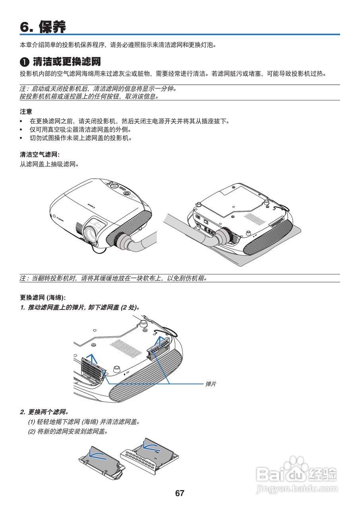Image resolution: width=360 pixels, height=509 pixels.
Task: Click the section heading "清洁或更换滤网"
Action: (x=66, y=62)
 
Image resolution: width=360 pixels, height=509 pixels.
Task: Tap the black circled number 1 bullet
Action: (x=25, y=62)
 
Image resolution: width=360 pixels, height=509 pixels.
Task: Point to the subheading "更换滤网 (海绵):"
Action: (x=43, y=297)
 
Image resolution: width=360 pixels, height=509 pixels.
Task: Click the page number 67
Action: (x=180, y=493)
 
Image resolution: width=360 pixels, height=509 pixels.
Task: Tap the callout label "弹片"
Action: (x=211, y=384)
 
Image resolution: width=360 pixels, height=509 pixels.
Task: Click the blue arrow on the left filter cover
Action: (x=92, y=359)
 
